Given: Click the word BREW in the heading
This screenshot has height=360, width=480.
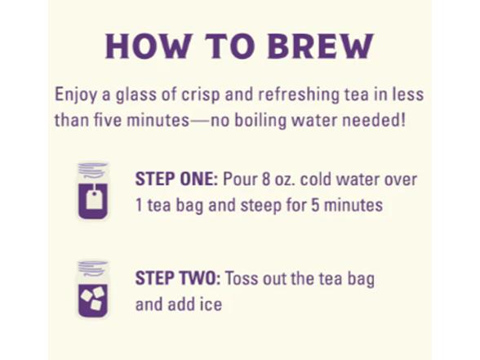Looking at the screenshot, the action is pyautogui.click(x=321, y=46).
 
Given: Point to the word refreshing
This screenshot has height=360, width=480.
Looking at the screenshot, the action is pyautogui.click(x=299, y=95).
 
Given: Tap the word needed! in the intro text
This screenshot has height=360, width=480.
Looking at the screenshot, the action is pyautogui.click(x=374, y=120).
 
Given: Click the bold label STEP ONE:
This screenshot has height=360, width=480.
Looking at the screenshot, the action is pyautogui.click(x=176, y=179).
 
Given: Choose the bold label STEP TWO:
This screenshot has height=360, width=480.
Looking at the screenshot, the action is pyautogui.click(x=178, y=278).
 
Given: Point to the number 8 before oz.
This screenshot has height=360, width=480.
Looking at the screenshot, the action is pyautogui.click(x=266, y=180).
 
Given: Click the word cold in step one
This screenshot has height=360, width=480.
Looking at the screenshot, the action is pyautogui.click(x=316, y=179).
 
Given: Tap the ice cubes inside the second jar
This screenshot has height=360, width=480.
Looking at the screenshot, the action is pyautogui.click(x=92, y=298).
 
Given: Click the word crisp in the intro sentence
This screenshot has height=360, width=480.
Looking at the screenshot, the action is pyautogui.click(x=201, y=95).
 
